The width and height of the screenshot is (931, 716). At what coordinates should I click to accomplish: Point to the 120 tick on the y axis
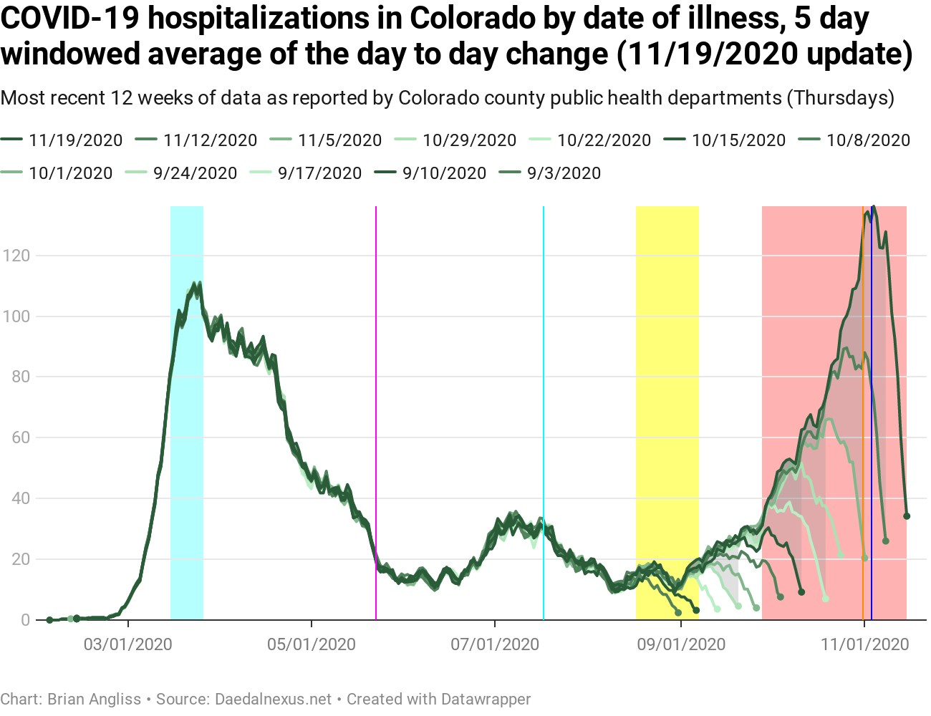16,256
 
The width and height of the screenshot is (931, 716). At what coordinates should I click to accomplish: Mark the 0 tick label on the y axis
26,620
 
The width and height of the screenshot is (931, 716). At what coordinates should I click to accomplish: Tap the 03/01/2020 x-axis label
128,644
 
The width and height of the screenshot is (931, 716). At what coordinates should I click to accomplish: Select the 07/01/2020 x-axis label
495,644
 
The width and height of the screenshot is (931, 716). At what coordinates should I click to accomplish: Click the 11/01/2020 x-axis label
864,644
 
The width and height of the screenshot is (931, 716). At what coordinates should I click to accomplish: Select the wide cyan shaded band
187,430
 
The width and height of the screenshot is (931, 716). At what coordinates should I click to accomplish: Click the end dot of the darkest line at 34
907,516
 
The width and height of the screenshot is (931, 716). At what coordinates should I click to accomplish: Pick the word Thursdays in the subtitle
840,97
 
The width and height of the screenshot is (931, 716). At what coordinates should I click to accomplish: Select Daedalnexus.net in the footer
274,699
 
